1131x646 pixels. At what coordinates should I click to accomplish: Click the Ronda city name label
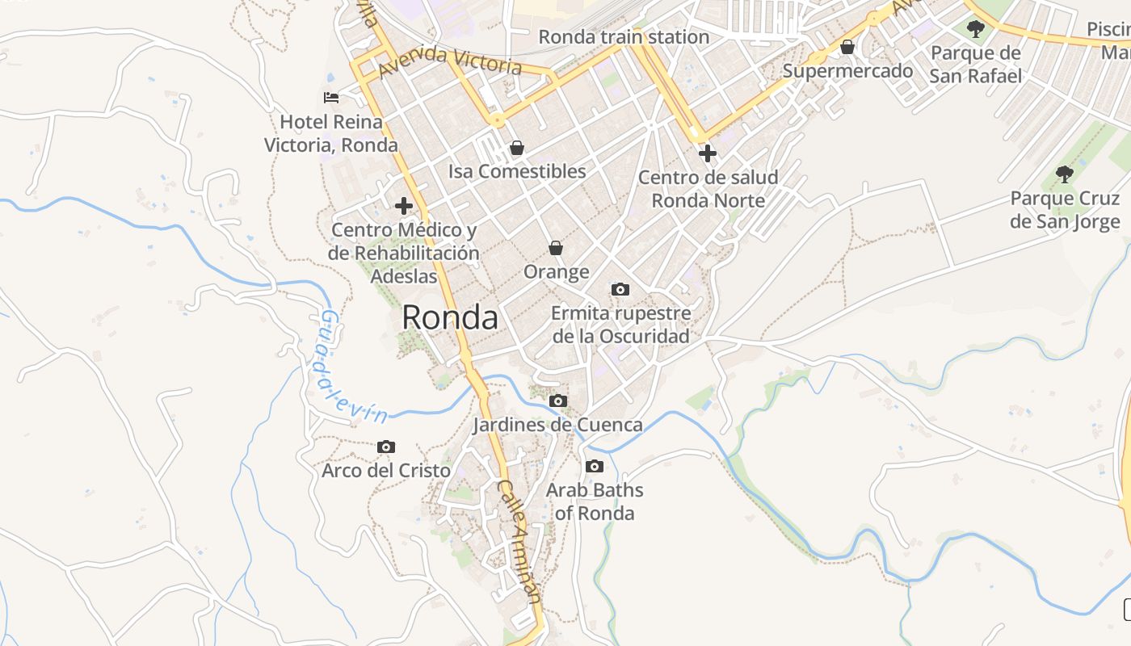(x=450, y=317)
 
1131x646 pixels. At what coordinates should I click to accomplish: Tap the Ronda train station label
(x=624, y=37)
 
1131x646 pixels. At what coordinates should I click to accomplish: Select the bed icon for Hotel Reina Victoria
(x=331, y=98)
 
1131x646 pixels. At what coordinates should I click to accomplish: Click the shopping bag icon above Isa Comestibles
(x=517, y=149)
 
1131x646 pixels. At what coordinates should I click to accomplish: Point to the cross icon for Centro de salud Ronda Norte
(x=708, y=153)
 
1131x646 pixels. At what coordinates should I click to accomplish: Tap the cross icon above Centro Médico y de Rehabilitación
(x=404, y=206)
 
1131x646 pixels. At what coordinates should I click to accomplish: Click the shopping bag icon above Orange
(x=556, y=248)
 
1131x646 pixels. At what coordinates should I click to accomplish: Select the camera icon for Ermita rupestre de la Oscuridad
(x=620, y=289)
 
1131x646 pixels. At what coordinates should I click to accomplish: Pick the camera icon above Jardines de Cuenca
(x=557, y=401)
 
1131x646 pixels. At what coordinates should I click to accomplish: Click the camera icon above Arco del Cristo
(x=386, y=447)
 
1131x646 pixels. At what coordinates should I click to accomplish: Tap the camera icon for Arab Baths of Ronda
(x=595, y=466)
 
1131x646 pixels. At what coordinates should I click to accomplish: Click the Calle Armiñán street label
(x=518, y=542)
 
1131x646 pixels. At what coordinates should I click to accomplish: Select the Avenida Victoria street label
(x=449, y=61)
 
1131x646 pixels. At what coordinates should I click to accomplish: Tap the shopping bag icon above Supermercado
(x=847, y=48)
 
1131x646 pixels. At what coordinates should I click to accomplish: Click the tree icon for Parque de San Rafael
(x=976, y=30)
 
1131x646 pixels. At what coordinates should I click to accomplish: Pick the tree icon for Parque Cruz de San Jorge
(x=1065, y=174)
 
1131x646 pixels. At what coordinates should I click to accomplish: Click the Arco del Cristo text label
(x=386, y=470)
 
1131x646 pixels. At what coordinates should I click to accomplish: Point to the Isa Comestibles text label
(x=517, y=171)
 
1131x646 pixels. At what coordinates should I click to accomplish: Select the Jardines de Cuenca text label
(x=557, y=425)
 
